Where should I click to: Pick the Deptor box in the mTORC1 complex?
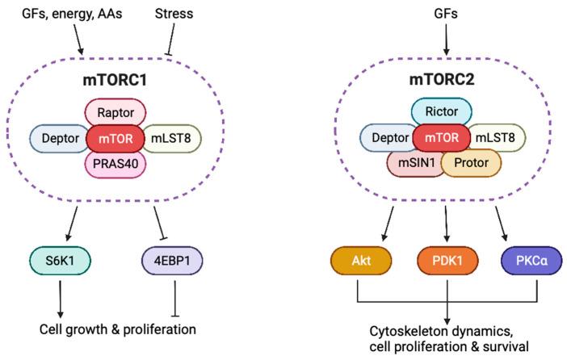59,138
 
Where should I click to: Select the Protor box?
471,163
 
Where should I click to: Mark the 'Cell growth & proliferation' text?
119,329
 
